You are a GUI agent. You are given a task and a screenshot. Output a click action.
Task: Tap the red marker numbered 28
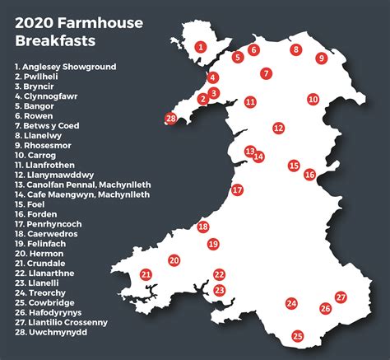tap(171, 119)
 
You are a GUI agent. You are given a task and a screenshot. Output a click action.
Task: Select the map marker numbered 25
tap(298, 335)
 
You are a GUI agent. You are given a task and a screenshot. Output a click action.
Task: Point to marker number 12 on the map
tap(279, 128)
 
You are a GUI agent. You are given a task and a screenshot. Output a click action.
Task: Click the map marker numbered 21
tap(146, 274)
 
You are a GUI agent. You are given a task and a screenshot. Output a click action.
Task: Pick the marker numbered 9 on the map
tap(322, 58)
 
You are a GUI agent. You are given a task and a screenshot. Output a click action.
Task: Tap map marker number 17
tap(237, 189)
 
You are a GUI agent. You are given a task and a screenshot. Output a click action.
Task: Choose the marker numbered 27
tap(341, 297)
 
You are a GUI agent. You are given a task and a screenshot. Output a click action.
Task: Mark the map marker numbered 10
tap(313, 99)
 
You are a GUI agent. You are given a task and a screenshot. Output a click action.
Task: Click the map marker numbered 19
tap(213, 244)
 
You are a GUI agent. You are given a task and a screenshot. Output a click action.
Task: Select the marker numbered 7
tap(266, 73)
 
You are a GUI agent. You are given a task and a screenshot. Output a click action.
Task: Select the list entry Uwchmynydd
tap(53, 333)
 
